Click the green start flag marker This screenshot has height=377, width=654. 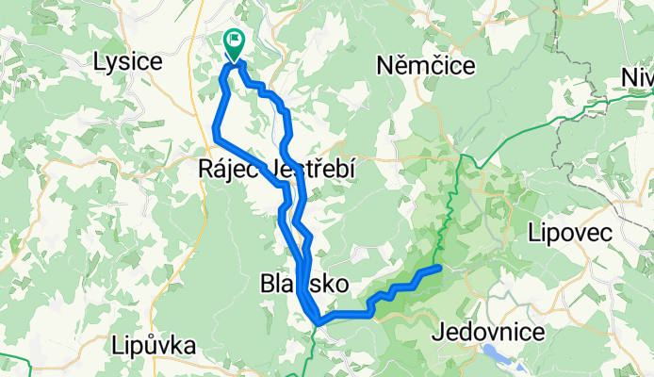click(233, 42)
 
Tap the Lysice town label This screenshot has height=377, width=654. click(128, 62)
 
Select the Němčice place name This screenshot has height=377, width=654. click(425, 65)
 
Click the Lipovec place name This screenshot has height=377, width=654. click(571, 232)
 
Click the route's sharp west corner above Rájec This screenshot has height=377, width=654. click(217, 138)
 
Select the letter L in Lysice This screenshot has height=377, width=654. click(100, 62)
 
